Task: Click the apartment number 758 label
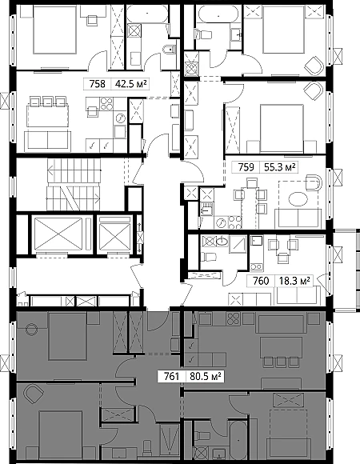[x=98, y=84]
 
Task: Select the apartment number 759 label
[x=246, y=167]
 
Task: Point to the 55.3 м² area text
[x=279, y=167]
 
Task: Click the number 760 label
[x=261, y=281]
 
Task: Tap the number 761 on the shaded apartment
[x=171, y=377]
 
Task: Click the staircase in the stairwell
[x=74, y=184]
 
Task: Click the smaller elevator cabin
[x=114, y=234]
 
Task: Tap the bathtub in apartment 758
[x=146, y=14]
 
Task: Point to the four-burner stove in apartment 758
[x=106, y=103]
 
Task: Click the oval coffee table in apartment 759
[x=298, y=199]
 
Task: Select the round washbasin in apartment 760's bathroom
[x=222, y=242]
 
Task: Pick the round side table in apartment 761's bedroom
[x=31, y=329]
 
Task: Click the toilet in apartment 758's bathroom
[x=169, y=50]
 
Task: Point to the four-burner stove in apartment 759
[x=235, y=222]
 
